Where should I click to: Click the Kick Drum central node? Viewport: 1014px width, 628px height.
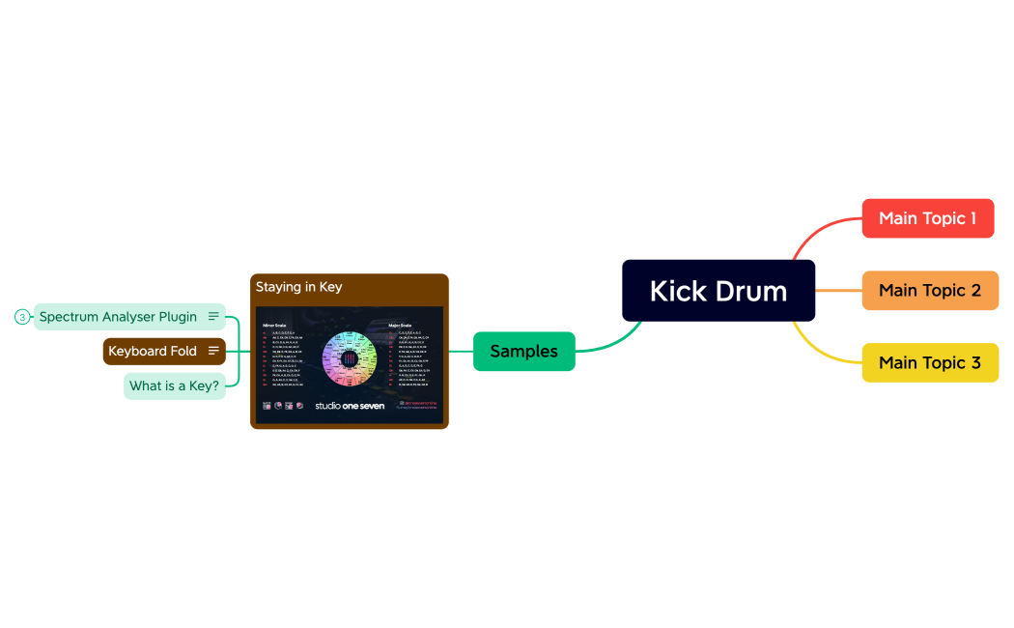(x=718, y=290)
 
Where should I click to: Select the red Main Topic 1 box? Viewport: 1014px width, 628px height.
(x=927, y=218)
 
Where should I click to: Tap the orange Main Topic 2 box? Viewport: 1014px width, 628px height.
(x=929, y=290)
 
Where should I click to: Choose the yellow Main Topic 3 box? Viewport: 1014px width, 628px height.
(x=929, y=362)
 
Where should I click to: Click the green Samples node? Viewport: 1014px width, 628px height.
(x=523, y=351)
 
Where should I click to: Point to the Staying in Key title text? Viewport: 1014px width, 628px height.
(x=298, y=287)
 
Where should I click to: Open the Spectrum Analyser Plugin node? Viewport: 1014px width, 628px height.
(x=118, y=317)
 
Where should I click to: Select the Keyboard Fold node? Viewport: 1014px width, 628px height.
(x=153, y=351)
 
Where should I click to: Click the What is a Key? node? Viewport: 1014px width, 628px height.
(x=174, y=385)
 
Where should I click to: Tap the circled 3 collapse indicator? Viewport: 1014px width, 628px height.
(x=22, y=317)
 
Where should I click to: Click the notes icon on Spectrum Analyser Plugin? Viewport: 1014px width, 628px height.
(x=213, y=317)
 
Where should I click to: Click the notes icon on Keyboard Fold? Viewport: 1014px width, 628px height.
(x=213, y=351)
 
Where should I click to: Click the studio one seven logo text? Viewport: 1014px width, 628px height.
(x=350, y=406)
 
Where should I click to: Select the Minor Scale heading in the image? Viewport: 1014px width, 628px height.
(x=274, y=326)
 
